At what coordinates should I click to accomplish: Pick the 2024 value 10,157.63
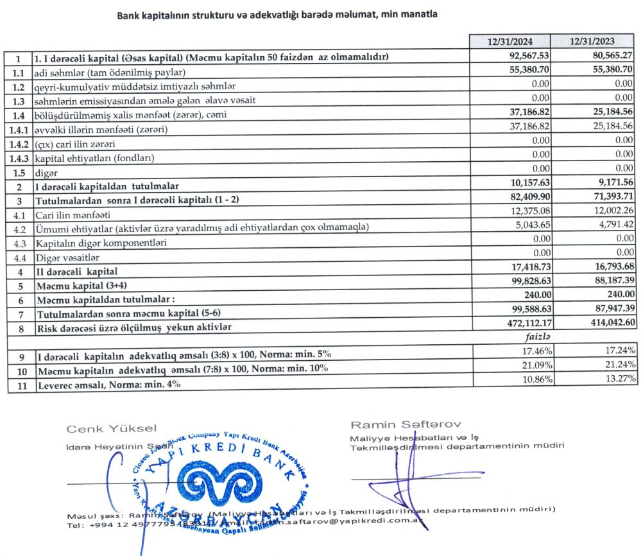click(x=526, y=186)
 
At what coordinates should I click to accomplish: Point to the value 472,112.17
click(x=523, y=326)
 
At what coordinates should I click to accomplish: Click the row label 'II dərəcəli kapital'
click(x=77, y=272)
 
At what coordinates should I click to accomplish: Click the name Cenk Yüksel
click(x=111, y=428)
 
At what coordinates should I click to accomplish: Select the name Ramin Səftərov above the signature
click(x=405, y=424)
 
